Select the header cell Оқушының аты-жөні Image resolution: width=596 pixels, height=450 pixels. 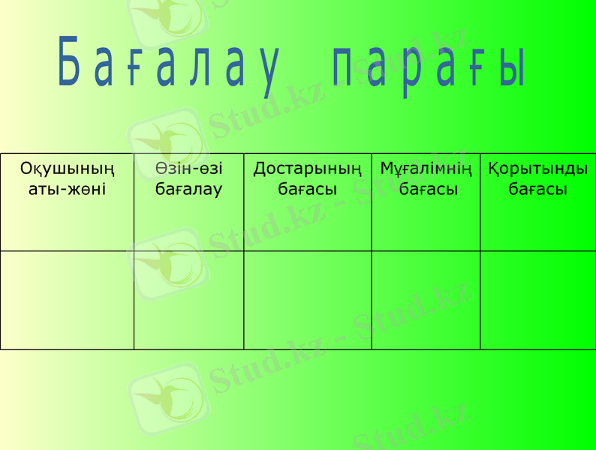67,202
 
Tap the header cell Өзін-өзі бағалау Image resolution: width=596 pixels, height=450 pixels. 188,202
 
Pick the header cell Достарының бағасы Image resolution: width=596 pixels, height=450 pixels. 307,202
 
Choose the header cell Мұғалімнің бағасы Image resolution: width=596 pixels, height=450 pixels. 426,202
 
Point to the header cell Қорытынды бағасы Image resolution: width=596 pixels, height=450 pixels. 537,202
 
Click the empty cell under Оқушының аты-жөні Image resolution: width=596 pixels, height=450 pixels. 67,300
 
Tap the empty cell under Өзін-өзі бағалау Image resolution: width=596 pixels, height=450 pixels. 188,300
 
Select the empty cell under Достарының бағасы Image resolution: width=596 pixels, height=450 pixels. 307,300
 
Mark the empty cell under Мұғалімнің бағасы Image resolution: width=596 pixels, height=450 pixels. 426,300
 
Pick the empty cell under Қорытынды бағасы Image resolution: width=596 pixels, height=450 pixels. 537,300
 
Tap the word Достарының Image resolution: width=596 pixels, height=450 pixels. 307,169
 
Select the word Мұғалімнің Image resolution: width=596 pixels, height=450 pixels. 426,169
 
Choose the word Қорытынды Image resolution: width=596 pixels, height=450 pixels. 537,169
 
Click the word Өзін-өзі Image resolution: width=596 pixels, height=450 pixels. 188,169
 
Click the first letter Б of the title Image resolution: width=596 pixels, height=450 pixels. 69,61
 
